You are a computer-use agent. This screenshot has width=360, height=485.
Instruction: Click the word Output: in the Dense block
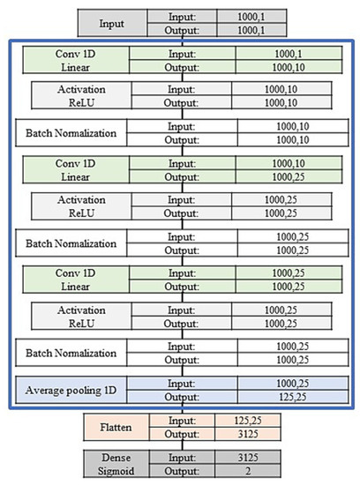tap(184, 472)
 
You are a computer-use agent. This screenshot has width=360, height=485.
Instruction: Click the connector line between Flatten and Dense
tap(184, 447)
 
